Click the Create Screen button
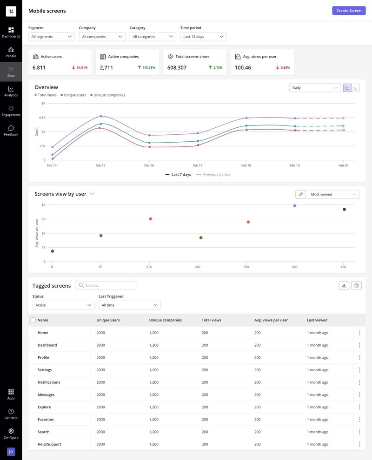(x=348, y=10)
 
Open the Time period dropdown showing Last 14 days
(x=203, y=37)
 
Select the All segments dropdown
(x=51, y=37)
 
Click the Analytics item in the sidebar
(x=11, y=91)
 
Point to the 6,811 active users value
(x=39, y=68)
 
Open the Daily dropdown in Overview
(x=315, y=88)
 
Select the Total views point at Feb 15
(x=100, y=116)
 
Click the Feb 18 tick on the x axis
(x=246, y=165)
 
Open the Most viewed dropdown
(x=333, y=194)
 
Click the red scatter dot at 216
(x=150, y=219)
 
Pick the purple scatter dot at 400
(x=294, y=205)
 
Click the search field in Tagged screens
(x=106, y=286)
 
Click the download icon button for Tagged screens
(x=344, y=285)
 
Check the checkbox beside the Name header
(x=33, y=320)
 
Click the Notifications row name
(x=49, y=382)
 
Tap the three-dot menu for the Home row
(x=359, y=333)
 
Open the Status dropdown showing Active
(x=63, y=305)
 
